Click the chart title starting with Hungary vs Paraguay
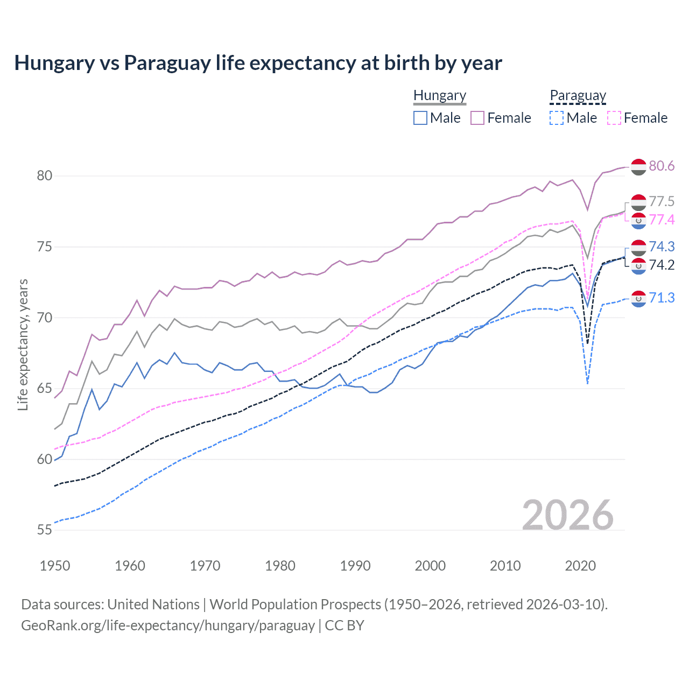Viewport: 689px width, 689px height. click(x=258, y=63)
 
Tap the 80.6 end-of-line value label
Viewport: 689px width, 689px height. click(x=662, y=166)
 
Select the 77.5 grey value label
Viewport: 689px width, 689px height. click(x=662, y=201)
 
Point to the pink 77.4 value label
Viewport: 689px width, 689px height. click(x=662, y=220)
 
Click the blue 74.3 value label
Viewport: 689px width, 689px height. click(x=662, y=247)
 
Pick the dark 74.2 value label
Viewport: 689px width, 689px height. click(x=662, y=265)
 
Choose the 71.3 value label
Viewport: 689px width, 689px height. click(x=662, y=298)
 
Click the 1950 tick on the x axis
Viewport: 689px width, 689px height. click(x=55, y=566)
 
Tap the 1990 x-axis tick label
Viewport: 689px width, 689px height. click(x=355, y=566)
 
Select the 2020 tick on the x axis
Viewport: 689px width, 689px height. click(x=580, y=566)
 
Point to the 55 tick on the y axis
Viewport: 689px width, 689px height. click(x=45, y=530)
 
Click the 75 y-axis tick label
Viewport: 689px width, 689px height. click(x=45, y=247)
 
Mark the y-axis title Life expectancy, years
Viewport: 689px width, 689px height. click(x=23, y=344)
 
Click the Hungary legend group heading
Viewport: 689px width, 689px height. click(x=440, y=95)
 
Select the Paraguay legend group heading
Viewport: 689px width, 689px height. click(x=578, y=95)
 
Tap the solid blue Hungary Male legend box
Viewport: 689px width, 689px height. click(x=420, y=118)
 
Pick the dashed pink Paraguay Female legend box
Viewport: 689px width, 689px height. click(x=614, y=118)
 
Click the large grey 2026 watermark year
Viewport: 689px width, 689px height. click(x=568, y=515)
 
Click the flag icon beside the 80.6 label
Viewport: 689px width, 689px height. click(x=638, y=167)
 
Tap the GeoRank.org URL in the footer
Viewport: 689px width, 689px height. click(x=168, y=625)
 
